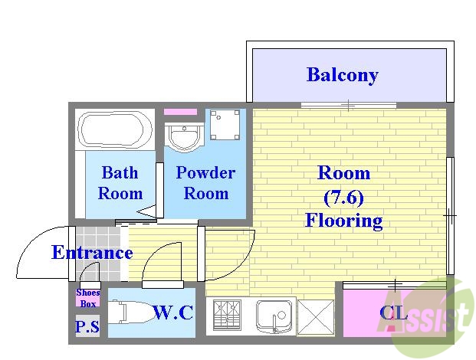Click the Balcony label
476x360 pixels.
tap(342, 75)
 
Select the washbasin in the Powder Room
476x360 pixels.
tap(183, 138)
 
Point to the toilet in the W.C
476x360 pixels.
tap(130, 313)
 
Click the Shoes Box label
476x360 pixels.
tap(87, 297)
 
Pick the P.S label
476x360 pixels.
tap(87, 327)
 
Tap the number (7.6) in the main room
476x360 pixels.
tap(343, 197)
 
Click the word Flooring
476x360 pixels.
tap(343, 221)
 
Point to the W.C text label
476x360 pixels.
tap(172, 313)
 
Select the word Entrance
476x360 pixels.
tap(92, 253)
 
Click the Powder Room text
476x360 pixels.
tap(205, 182)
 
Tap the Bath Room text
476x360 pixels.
tap(120, 182)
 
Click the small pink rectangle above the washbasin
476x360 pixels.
tap(181, 112)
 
